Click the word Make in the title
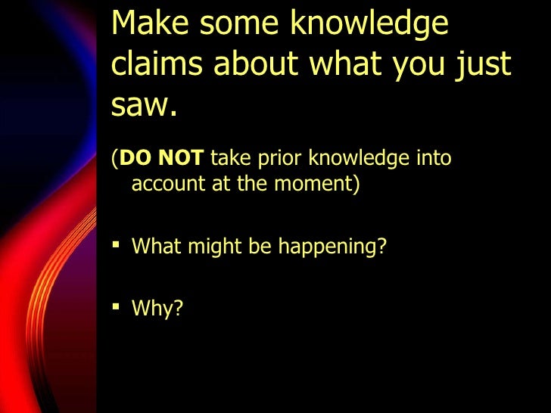pos(150,24)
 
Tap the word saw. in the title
pos(144,107)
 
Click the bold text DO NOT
pos(161,159)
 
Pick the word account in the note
pos(163,184)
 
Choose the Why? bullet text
pos(157,309)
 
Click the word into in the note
pos(434,159)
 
